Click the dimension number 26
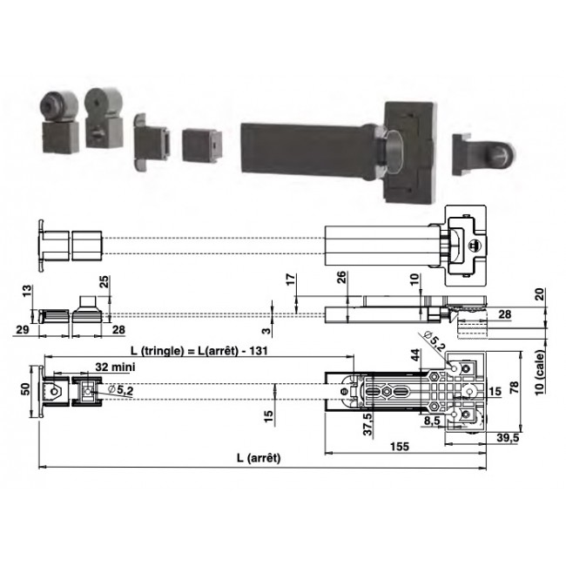341,279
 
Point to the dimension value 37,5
369,422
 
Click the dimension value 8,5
430,421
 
